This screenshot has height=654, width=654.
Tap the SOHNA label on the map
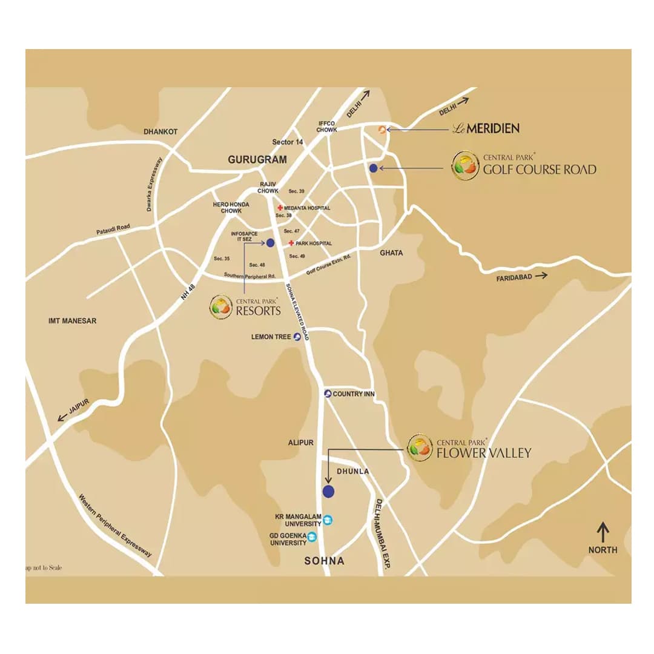pos(324,561)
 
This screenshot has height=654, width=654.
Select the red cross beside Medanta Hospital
pos(280,208)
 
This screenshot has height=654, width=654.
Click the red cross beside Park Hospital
pos(291,243)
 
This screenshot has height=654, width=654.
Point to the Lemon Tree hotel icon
pos(297,337)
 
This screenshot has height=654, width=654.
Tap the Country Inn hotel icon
pos(328,394)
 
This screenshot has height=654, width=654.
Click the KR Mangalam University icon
pos(328,520)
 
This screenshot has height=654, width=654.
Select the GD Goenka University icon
pos(312,537)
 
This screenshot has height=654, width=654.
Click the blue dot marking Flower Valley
pos(328,491)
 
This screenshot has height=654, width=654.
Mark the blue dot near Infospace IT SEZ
pos(270,243)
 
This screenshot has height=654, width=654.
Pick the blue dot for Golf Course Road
pos(374,168)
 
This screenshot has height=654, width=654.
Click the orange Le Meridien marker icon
pos(381,129)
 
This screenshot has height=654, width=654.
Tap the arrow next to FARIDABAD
pos(541,275)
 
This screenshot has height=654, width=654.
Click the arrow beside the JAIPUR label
pos(62,417)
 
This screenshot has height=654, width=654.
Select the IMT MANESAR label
pos(73,321)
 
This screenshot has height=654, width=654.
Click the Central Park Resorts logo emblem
pos(221,307)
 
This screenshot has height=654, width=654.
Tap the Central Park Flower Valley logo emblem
pos(420,448)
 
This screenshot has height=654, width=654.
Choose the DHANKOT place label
pos(160,131)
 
